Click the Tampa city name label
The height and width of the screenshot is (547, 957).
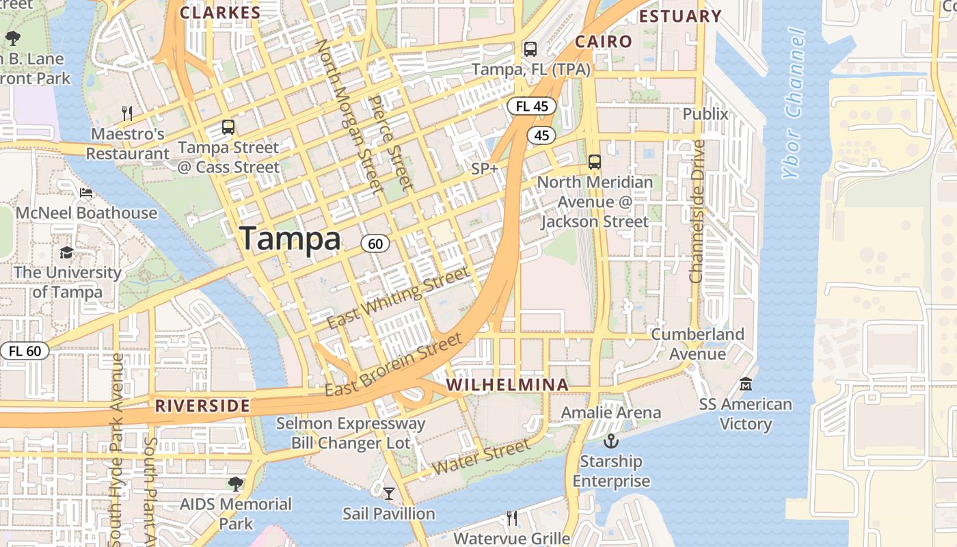click(x=290, y=239)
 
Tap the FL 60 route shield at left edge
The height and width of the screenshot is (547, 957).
click(x=25, y=351)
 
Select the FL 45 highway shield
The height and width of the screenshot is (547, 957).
click(x=531, y=106)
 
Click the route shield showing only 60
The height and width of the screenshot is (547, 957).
click(x=375, y=243)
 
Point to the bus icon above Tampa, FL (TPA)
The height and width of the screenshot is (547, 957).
click(x=530, y=49)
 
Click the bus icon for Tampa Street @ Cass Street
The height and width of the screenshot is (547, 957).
click(x=228, y=127)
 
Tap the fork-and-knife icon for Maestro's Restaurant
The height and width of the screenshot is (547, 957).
click(x=126, y=113)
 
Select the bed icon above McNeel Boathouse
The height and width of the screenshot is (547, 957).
click(x=86, y=193)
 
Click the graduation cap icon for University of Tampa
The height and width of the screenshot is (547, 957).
click(x=66, y=252)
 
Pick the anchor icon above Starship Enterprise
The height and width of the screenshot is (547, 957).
click(x=610, y=441)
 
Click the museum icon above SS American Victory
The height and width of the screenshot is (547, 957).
click(x=745, y=384)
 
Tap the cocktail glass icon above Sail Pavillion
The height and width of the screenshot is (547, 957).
click(x=388, y=493)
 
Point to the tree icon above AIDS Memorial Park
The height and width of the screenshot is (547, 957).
click(x=236, y=484)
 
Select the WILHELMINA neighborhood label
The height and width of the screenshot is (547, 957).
click(x=507, y=385)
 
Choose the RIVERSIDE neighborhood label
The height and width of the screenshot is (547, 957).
click(x=202, y=405)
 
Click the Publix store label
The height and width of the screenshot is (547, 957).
click(x=705, y=114)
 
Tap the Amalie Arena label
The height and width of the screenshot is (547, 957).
click(x=610, y=412)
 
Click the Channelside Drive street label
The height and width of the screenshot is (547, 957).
click(x=697, y=212)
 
